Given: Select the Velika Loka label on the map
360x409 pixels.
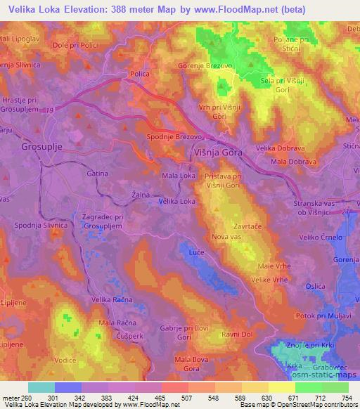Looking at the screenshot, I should pyautogui.click(x=177, y=201).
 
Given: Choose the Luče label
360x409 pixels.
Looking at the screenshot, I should pyautogui.click(x=197, y=252).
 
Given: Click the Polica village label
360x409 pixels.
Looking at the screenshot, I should pyautogui.click(x=137, y=73).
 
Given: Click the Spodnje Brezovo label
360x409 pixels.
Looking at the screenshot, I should pyautogui.click(x=174, y=138).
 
